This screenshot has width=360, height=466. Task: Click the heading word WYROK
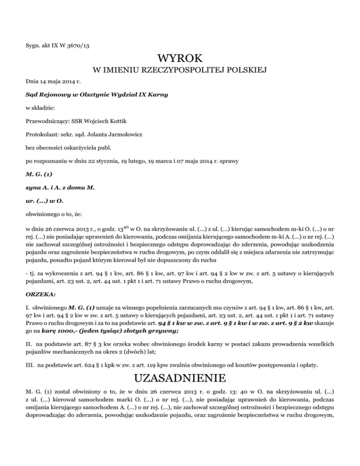tap(180, 59)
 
